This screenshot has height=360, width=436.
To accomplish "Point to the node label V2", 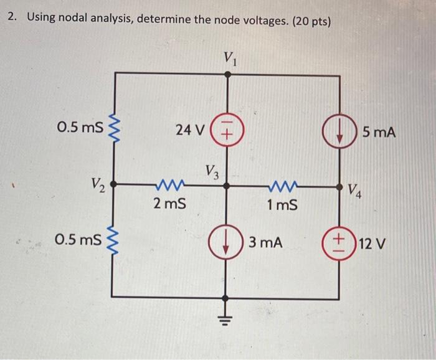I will [x=98, y=184].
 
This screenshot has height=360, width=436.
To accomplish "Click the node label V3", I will [x=212, y=171].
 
